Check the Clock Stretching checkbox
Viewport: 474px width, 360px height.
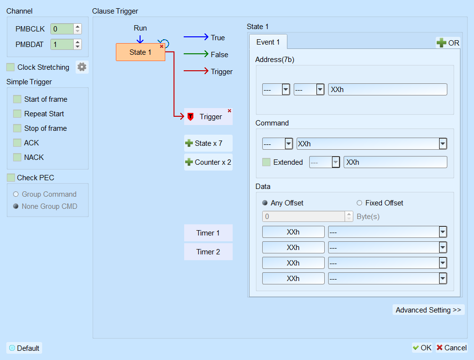[x=11, y=67]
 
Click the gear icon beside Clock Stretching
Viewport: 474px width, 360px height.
[x=82, y=67]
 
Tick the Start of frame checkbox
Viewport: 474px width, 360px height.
[x=17, y=99]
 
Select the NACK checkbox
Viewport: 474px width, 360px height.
[x=17, y=157]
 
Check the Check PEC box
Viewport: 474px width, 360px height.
[x=11, y=178]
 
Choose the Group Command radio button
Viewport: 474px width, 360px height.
[x=16, y=194]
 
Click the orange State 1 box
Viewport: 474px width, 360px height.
[x=141, y=52]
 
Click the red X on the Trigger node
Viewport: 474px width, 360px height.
[x=229, y=111]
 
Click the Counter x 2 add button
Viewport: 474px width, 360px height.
[x=208, y=162]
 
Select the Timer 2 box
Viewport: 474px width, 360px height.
[x=208, y=252]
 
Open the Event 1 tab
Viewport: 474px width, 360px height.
[x=268, y=42]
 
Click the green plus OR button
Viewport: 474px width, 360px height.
[x=448, y=43]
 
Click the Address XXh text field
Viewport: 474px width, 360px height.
[x=388, y=90]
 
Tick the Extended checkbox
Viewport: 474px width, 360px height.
[x=267, y=162]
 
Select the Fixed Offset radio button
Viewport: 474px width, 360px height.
[x=360, y=203]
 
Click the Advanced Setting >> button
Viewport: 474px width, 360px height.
[x=428, y=310]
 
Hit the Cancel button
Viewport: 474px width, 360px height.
[x=452, y=348]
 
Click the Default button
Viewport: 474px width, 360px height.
[x=24, y=348]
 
